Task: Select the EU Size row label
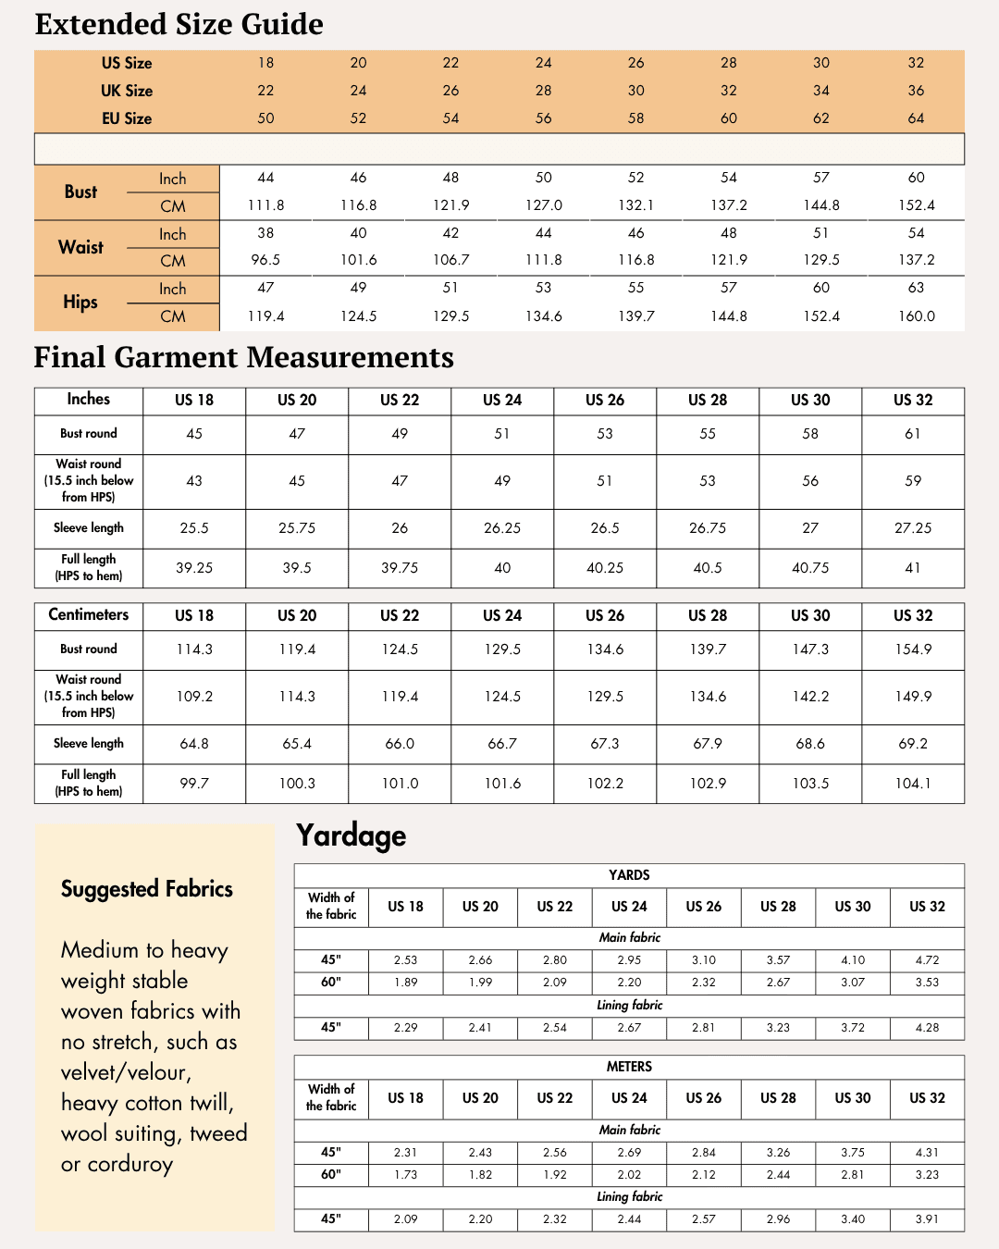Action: click(x=127, y=118)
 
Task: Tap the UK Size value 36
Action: click(x=916, y=91)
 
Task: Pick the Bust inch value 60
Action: click(x=916, y=178)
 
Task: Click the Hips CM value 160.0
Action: click(x=916, y=316)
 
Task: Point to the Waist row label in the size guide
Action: click(x=80, y=247)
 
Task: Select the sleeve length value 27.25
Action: click(x=913, y=528)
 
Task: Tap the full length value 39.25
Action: click(x=194, y=568)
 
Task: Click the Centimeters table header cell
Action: click(x=89, y=615)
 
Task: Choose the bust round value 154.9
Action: click(x=913, y=649)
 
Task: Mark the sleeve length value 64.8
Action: click(x=194, y=744)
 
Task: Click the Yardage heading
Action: click(x=351, y=835)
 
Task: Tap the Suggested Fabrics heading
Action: click(x=147, y=889)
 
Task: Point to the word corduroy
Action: click(x=130, y=1164)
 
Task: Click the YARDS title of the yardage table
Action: click(x=629, y=875)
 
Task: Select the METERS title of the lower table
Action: click(x=629, y=1067)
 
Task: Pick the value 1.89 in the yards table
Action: click(x=405, y=983)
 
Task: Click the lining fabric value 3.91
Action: click(x=927, y=1219)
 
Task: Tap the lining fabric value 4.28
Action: click(x=927, y=1028)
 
